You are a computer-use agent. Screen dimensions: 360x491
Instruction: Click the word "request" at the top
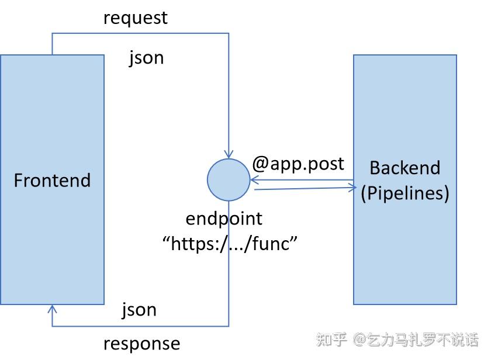pos(135,18)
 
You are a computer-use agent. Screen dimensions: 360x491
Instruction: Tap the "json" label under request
pos(146,58)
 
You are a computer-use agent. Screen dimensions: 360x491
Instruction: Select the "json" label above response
pos(139,309)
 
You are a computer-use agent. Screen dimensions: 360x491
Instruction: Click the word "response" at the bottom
pos(141,343)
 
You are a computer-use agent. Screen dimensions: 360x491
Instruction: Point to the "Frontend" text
pos(52,180)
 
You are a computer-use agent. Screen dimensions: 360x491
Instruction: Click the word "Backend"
pos(404,168)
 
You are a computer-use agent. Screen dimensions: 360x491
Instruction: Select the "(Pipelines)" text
pos(404,193)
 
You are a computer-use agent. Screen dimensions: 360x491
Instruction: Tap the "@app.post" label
pos(298,164)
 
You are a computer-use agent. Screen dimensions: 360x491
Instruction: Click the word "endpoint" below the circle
pos(224,219)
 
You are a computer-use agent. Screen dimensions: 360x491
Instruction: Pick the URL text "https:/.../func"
pos(230,243)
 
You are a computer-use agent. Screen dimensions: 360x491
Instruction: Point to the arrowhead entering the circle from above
pos(229,153)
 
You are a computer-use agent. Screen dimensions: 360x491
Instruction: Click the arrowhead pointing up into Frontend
pos(53,309)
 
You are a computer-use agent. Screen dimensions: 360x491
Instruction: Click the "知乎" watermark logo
pos(331,339)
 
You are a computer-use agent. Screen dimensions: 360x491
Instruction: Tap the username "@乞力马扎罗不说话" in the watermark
pos(416,339)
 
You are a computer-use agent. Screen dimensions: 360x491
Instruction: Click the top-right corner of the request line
pos(229,33)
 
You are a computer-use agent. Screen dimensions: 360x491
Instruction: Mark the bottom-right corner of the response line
pos(229,326)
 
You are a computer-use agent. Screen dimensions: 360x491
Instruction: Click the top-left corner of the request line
pos(53,33)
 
